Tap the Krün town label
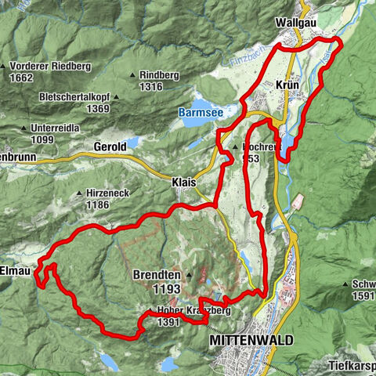point(288,84)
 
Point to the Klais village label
point(183,181)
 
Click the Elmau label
point(16,253)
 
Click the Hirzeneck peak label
point(109,192)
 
